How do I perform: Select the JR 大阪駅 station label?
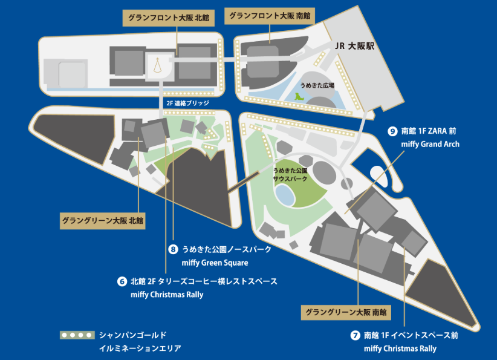[x=356, y=46]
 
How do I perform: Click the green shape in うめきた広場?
[x=299, y=96]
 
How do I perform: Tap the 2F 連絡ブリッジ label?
[x=186, y=103]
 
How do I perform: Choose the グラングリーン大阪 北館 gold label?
[x=102, y=221]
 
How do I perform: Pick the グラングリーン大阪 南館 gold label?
[x=346, y=313]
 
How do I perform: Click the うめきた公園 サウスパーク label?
[x=291, y=175]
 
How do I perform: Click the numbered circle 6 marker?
[x=122, y=282]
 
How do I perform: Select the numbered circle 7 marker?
[x=355, y=335]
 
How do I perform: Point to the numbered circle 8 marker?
[x=174, y=249]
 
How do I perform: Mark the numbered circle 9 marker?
[x=392, y=131]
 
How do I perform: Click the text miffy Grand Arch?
[x=430, y=145]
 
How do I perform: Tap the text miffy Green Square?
[x=215, y=263]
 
